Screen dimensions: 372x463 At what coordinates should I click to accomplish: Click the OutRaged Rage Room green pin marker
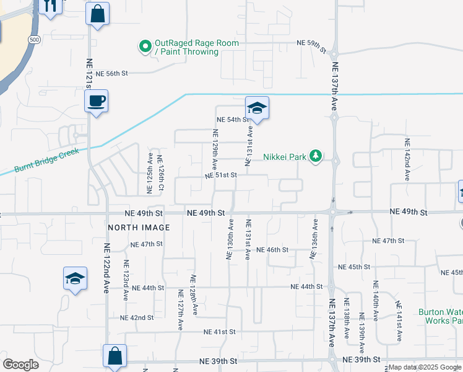pyautogui.click(x=145, y=46)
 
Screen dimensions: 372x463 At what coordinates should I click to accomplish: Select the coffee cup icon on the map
pyautogui.click(x=96, y=101)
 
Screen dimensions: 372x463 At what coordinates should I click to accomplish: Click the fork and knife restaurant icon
pyautogui.click(x=50, y=6)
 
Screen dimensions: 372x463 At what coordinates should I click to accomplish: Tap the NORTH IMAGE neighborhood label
pyautogui.click(x=139, y=228)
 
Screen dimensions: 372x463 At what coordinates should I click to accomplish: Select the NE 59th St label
pyautogui.click(x=311, y=44)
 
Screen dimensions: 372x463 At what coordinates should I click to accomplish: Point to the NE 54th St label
pyautogui.click(x=232, y=119)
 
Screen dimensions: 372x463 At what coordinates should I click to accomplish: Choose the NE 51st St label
pyautogui.click(x=222, y=175)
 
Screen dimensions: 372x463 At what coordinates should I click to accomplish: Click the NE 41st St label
pyautogui.click(x=220, y=332)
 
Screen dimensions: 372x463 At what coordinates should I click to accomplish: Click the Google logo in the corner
pyautogui.click(x=20, y=364)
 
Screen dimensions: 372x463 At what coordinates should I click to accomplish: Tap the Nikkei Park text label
pyautogui.click(x=285, y=157)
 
